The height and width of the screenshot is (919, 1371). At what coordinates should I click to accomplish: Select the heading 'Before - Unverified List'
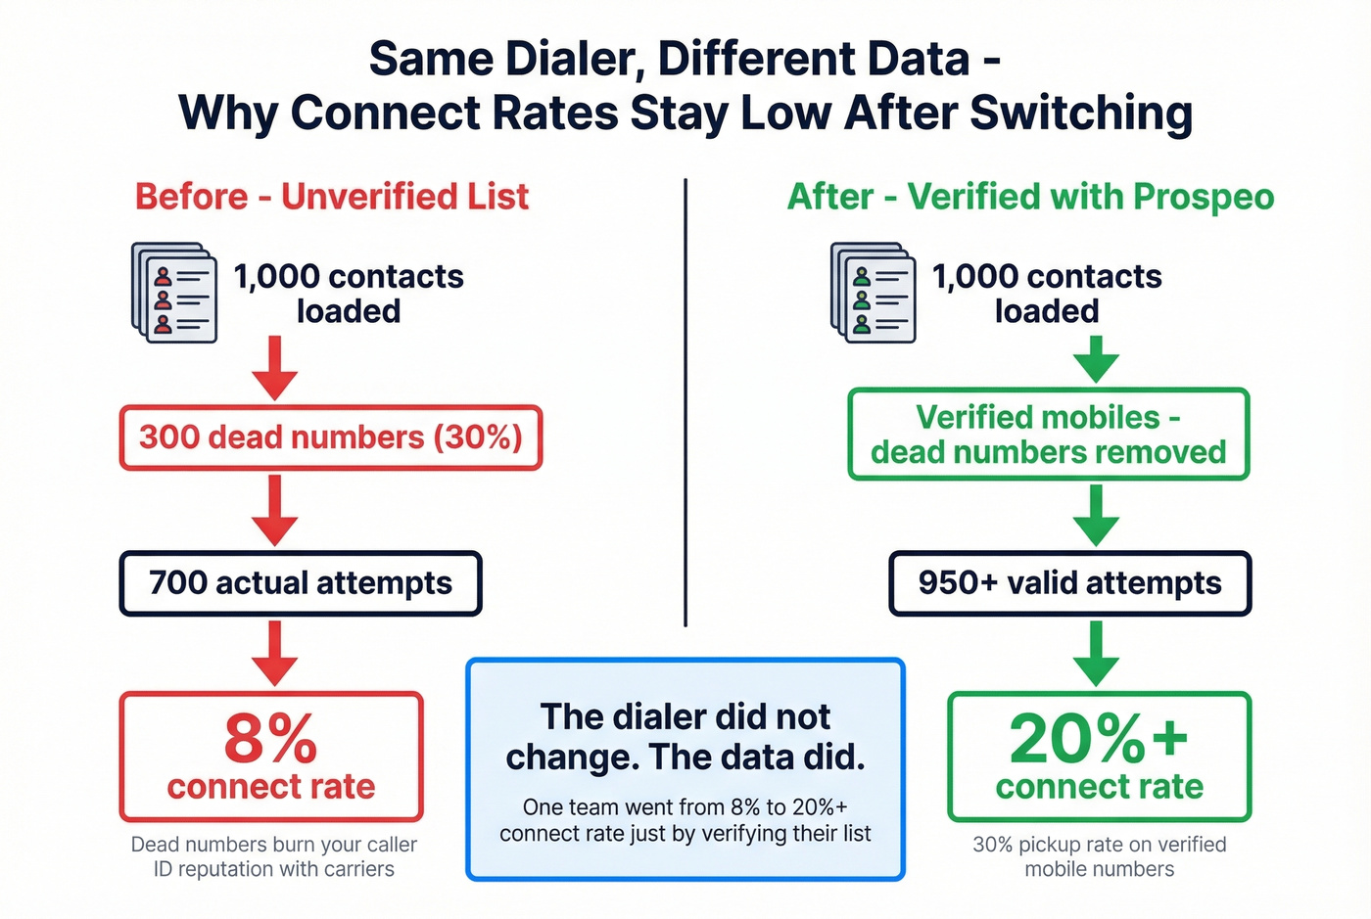332,197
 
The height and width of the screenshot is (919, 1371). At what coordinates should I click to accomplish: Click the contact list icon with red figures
174,293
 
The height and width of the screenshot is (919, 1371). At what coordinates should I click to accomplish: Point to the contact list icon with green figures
873,293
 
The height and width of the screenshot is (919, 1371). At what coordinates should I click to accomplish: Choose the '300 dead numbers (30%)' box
331,437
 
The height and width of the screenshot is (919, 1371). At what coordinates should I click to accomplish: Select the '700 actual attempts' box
301,583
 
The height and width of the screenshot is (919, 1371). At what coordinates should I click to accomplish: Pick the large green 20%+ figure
1099,738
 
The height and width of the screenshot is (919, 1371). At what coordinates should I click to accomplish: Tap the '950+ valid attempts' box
1069,583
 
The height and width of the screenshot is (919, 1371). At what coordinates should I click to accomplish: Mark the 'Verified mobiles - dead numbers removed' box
1048,435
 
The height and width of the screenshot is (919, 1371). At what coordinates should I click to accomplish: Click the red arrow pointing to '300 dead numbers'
275,368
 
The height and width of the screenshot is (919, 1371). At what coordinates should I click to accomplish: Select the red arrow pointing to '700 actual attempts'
275,511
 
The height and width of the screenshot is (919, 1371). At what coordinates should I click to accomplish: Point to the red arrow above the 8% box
275,653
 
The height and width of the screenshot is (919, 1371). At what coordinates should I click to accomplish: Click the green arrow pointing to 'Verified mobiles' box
1097,359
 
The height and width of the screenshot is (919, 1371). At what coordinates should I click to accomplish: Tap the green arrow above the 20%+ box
1097,653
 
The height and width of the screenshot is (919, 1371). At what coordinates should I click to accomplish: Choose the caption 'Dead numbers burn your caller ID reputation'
274,856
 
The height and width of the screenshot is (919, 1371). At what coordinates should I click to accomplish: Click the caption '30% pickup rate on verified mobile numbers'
1099,856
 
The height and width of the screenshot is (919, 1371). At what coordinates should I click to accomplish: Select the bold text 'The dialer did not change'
685,737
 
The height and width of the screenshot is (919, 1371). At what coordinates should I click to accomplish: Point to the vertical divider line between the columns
685,401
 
